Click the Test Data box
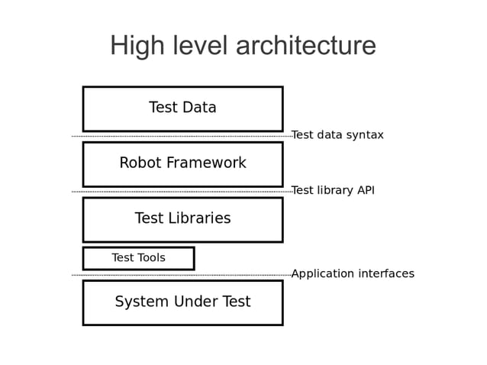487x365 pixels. pyautogui.click(x=182, y=108)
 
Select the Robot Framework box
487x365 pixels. pyautogui.click(x=182, y=163)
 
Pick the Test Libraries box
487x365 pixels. pyautogui.click(x=182, y=219)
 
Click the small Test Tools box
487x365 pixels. pyautogui.click(x=138, y=258)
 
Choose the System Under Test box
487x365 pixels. pyautogui.click(x=182, y=302)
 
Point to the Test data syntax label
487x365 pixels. pyautogui.click(x=337, y=135)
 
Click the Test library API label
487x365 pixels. pyautogui.click(x=333, y=190)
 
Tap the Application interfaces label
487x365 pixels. pyautogui.click(x=353, y=273)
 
